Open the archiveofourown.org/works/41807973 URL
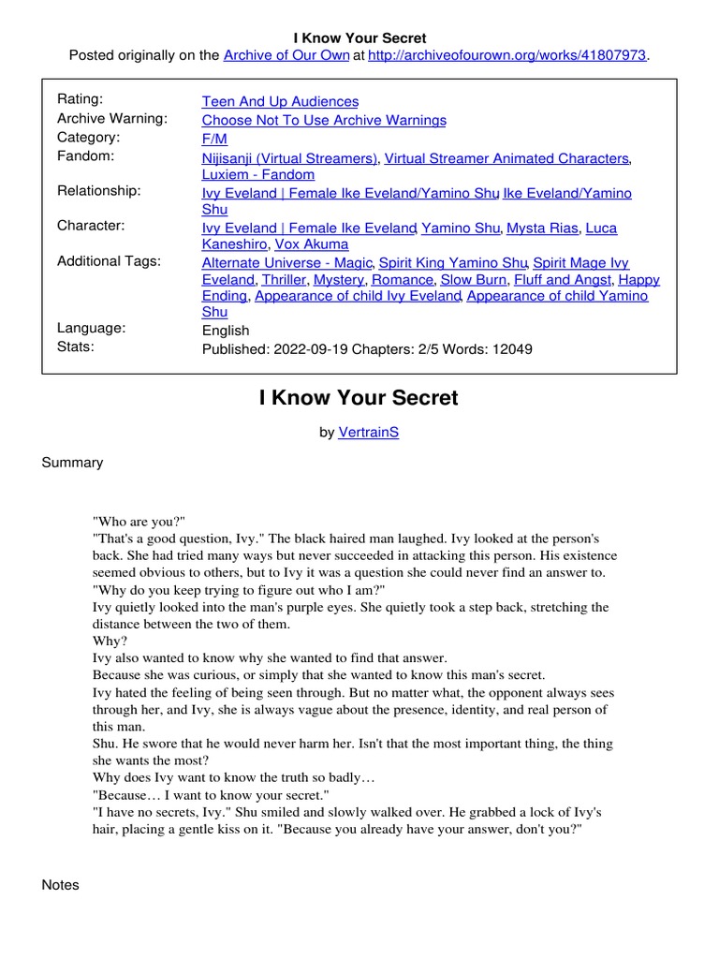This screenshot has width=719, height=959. pyautogui.click(x=507, y=55)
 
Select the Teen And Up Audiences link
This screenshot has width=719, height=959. pyautogui.click(x=280, y=101)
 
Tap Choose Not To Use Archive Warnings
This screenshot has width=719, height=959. pyautogui.click(x=324, y=120)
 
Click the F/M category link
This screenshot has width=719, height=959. pyautogui.click(x=213, y=139)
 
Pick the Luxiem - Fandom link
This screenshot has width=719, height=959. pyautogui.click(x=258, y=174)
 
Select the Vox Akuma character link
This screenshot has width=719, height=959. pyautogui.click(x=312, y=244)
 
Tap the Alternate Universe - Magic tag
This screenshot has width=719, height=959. pyautogui.click(x=288, y=263)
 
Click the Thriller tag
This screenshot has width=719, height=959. pyautogui.click(x=284, y=279)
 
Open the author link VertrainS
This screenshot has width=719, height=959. pyautogui.click(x=368, y=434)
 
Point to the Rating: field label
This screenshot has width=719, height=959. pyautogui.click(x=81, y=99)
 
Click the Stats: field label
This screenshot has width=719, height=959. pyautogui.click(x=76, y=347)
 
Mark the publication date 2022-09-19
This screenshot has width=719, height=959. pyautogui.click(x=307, y=349)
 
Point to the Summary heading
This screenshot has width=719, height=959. pyautogui.click(x=72, y=463)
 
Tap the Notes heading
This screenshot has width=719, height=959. pyautogui.click(x=61, y=885)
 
